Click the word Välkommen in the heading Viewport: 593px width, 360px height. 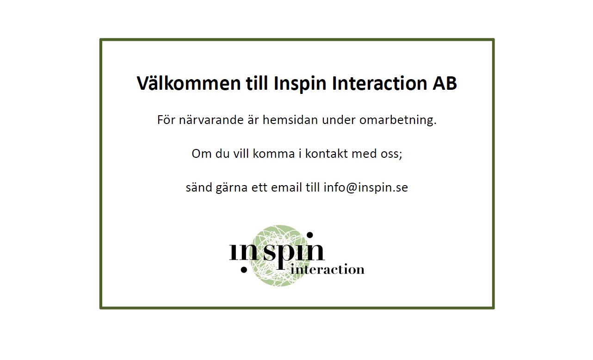pyautogui.click(x=188, y=83)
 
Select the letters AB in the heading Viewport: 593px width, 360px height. pyautogui.click(x=445, y=83)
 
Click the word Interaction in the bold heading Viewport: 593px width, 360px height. pyautogui.click(x=380, y=83)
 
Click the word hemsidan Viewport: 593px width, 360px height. pyautogui.click(x=290, y=120)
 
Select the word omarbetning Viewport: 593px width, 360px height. pyautogui.click(x=398, y=120)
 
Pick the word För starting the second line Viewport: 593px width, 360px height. pyautogui.click(x=166, y=120)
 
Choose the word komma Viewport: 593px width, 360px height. pyautogui.click(x=274, y=154)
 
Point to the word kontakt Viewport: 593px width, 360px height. pyautogui.click(x=326, y=154)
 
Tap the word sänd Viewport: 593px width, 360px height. pyautogui.click(x=199, y=187)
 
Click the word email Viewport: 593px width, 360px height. pyautogui.click(x=286, y=187)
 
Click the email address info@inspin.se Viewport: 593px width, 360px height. pyautogui.click(x=365, y=188)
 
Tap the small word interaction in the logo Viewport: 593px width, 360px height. pyautogui.click(x=327, y=269)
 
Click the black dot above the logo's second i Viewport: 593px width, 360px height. pyautogui.click(x=309, y=235)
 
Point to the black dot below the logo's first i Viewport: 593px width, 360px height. pyautogui.click(x=244, y=270)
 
